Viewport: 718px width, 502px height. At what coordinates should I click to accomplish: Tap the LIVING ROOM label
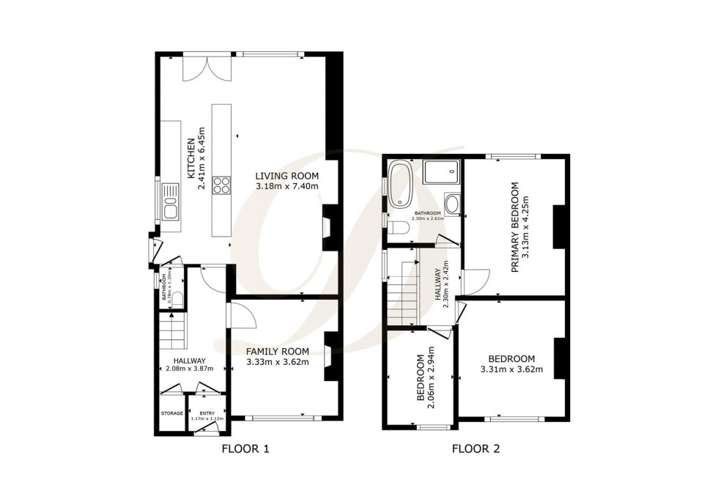[x=286, y=176]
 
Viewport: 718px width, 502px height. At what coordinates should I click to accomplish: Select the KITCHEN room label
[x=190, y=159]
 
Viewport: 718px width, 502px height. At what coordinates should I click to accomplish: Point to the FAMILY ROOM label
[x=277, y=351]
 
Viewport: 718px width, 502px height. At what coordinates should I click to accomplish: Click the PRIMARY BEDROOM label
[x=515, y=228]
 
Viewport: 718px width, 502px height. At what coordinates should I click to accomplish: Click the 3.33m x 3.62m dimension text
[x=277, y=361]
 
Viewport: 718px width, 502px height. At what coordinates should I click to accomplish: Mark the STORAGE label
[x=172, y=414]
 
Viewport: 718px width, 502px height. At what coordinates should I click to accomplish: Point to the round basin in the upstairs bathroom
[x=451, y=203]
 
